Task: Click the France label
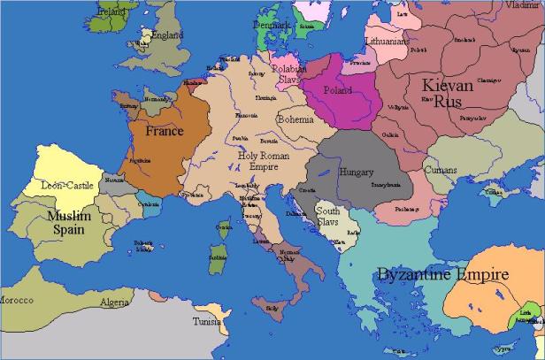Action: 165,131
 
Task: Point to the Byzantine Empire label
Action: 442,274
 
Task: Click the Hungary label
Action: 357,172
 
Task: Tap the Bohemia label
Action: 295,119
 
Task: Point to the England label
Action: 167,35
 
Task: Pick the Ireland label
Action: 111,12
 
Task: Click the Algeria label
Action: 114,302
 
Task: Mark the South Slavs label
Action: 328,218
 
